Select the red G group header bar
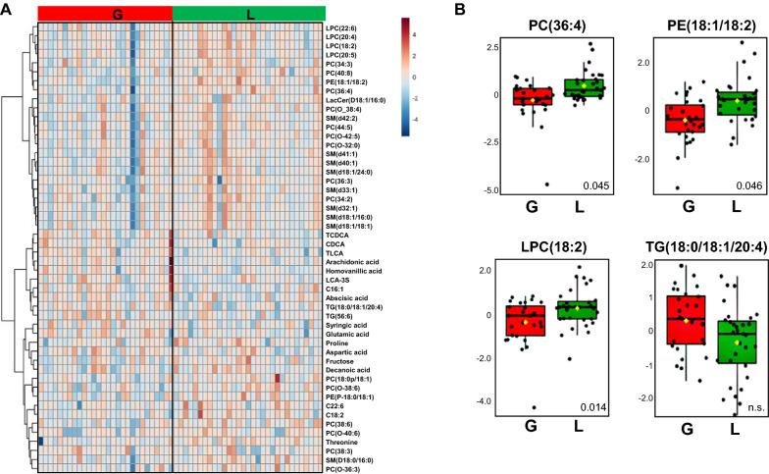pos(105,12)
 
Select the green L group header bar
pos(248,12)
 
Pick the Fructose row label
pos(342,360)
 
